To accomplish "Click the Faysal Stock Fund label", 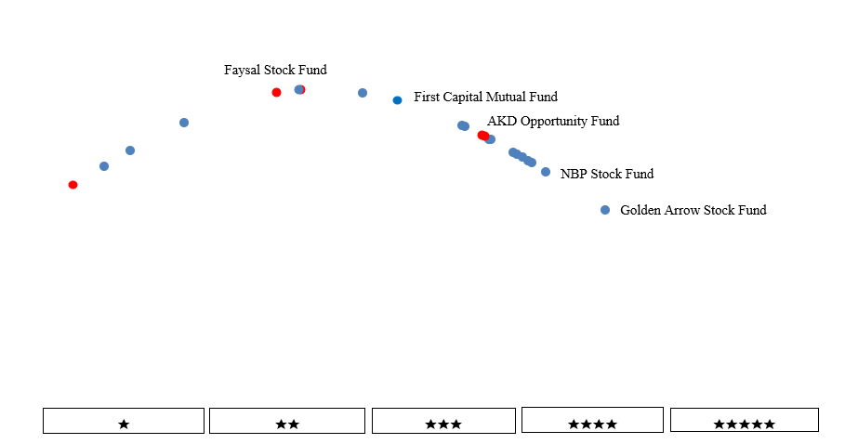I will (x=275, y=70).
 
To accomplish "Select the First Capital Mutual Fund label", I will (x=485, y=97).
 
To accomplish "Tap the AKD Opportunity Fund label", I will (x=553, y=121).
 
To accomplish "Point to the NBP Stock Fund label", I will (x=607, y=174).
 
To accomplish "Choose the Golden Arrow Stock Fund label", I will (x=693, y=210).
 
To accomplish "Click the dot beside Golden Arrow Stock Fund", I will (x=605, y=210).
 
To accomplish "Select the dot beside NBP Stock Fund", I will (x=546, y=172).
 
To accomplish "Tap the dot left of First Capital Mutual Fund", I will (x=397, y=100).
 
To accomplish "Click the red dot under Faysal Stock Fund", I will (x=276, y=92).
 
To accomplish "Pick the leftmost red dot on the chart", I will (x=73, y=185).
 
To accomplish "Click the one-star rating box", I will (x=124, y=421).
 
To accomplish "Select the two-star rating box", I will (x=287, y=421).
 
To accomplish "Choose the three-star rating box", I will (x=443, y=421).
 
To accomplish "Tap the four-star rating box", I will (x=592, y=421).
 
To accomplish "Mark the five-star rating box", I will (x=744, y=421).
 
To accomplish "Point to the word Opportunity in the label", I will (x=552, y=121).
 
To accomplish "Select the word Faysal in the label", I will (x=243, y=70).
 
